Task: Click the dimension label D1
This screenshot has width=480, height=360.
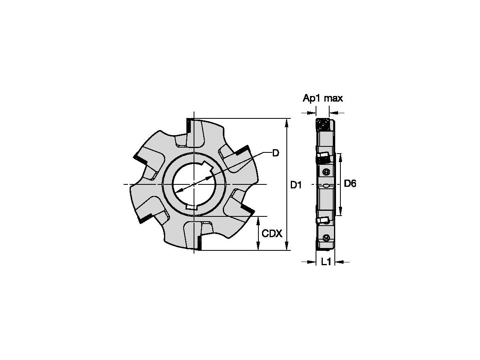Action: [x=296, y=184]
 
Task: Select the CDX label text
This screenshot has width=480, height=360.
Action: [x=272, y=233]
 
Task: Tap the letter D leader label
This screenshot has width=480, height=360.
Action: [x=275, y=153]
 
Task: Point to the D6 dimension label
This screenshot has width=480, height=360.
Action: [x=350, y=184]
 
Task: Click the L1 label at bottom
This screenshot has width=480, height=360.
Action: [x=326, y=262]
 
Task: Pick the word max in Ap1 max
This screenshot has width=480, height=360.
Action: [x=333, y=98]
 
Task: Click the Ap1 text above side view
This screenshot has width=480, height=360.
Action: [x=312, y=98]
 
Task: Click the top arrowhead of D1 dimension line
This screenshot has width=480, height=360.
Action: [x=287, y=122]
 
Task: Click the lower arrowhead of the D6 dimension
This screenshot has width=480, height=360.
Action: [x=340, y=212]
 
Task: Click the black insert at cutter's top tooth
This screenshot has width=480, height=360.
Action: [x=188, y=126]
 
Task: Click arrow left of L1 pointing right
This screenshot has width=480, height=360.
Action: [x=312, y=262]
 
